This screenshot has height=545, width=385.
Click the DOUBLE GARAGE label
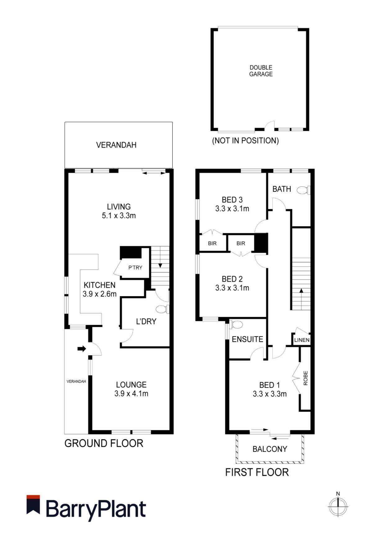261,71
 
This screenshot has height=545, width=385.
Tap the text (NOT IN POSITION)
245,141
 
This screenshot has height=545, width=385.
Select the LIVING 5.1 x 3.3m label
119,211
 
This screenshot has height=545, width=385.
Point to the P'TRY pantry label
135,268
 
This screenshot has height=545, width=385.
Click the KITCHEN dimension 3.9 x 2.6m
99,294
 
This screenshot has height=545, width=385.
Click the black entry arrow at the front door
82,349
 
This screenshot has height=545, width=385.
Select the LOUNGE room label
131,385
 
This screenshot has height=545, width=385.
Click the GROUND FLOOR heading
104,443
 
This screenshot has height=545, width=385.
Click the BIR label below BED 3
212,244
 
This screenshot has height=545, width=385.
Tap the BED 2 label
232,279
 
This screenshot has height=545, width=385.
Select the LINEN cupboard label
302,340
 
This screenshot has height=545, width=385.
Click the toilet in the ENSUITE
237,325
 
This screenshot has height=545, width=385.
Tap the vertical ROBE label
306,378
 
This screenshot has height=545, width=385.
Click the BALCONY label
269,449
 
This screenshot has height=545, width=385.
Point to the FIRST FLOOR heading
257,472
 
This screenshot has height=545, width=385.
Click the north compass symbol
338,506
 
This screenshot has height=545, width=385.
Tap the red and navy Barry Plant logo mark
33,505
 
